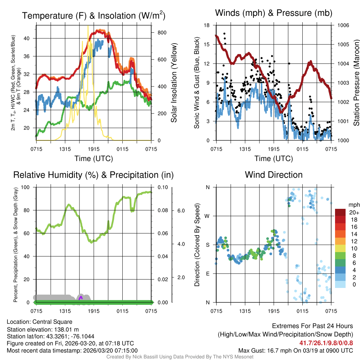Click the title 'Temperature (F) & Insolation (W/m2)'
click(x=94, y=15)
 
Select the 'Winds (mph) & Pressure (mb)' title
click(x=274, y=13)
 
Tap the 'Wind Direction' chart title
click(x=274, y=175)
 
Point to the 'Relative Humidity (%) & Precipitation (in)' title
click(x=94, y=175)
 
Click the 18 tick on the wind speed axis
click(x=207, y=25)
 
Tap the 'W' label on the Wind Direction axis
click(x=207, y=216)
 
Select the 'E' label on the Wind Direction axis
click(x=208, y=274)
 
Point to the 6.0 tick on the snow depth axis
click(x=180, y=210)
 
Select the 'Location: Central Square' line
click(x=39, y=322)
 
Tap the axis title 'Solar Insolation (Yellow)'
click(x=174, y=83)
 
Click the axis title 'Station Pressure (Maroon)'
click(x=356, y=83)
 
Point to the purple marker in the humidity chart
click(x=81, y=298)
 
